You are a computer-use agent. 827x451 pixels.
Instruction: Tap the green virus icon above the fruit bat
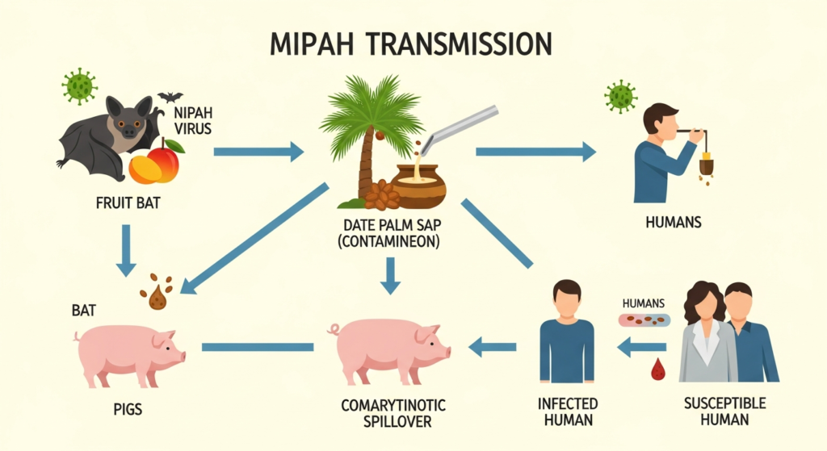point(79,86)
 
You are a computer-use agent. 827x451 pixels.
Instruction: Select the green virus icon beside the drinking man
point(620,96)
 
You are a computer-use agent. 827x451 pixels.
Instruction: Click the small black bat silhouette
point(170,97)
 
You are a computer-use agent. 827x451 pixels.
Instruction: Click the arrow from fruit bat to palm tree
point(258,151)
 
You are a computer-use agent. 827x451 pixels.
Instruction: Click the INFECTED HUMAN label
point(567,411)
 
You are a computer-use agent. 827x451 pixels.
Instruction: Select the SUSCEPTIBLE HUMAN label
point(724,411)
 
